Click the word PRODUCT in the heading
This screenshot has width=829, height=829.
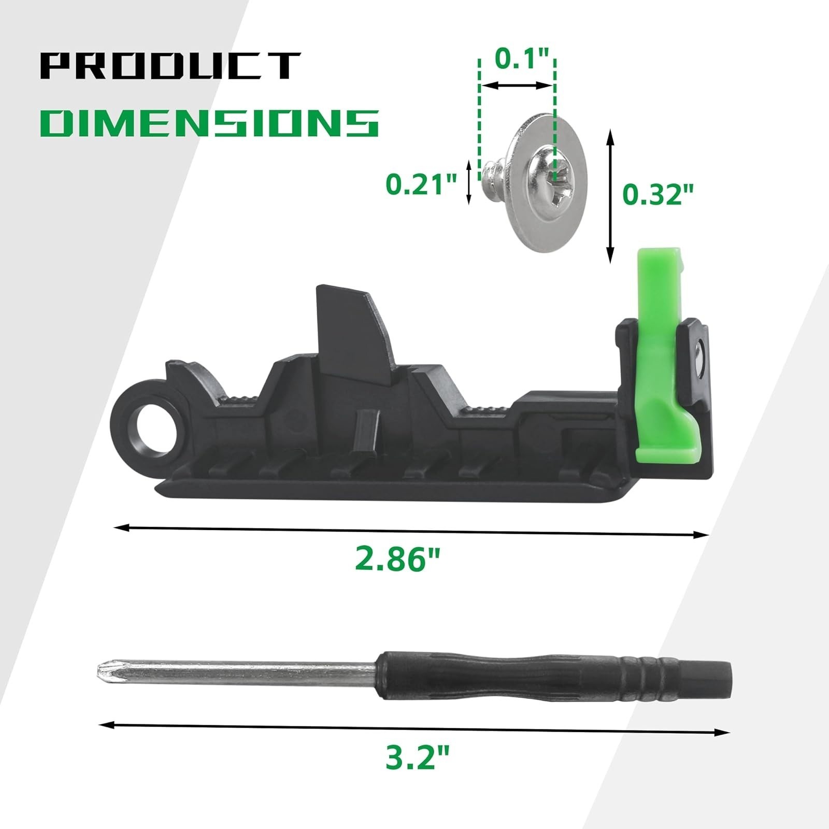coord(170,66)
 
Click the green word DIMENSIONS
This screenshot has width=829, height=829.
coord(209,123)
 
